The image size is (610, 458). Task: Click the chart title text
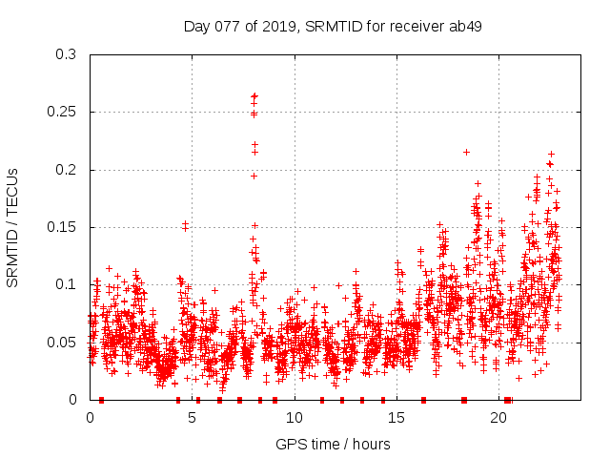(x=332, y=26)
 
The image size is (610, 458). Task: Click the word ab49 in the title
(x=465, y=26)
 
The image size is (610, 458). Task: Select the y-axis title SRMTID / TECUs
(x=13, y=227)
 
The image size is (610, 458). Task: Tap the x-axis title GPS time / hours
(x=332, y=444)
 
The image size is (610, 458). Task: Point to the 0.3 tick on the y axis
(x=69, y=54)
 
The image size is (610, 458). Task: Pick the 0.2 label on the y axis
(x=69, y=170)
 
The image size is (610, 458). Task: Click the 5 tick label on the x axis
(x=192, y=418)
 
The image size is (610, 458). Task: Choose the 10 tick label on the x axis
(x=294, y=418)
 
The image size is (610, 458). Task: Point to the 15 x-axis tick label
(x=396, y=418)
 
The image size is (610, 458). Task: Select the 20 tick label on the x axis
(x=498, y=418)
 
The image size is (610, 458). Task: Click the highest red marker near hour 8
(x=254, y=95)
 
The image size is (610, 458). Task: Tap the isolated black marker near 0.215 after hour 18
(x=466, y=152)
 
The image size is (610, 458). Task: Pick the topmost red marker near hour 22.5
(x=551, y=154)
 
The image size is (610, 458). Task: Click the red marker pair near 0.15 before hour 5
(x=185, y=225)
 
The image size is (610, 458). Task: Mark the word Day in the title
(x=197, y=26)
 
